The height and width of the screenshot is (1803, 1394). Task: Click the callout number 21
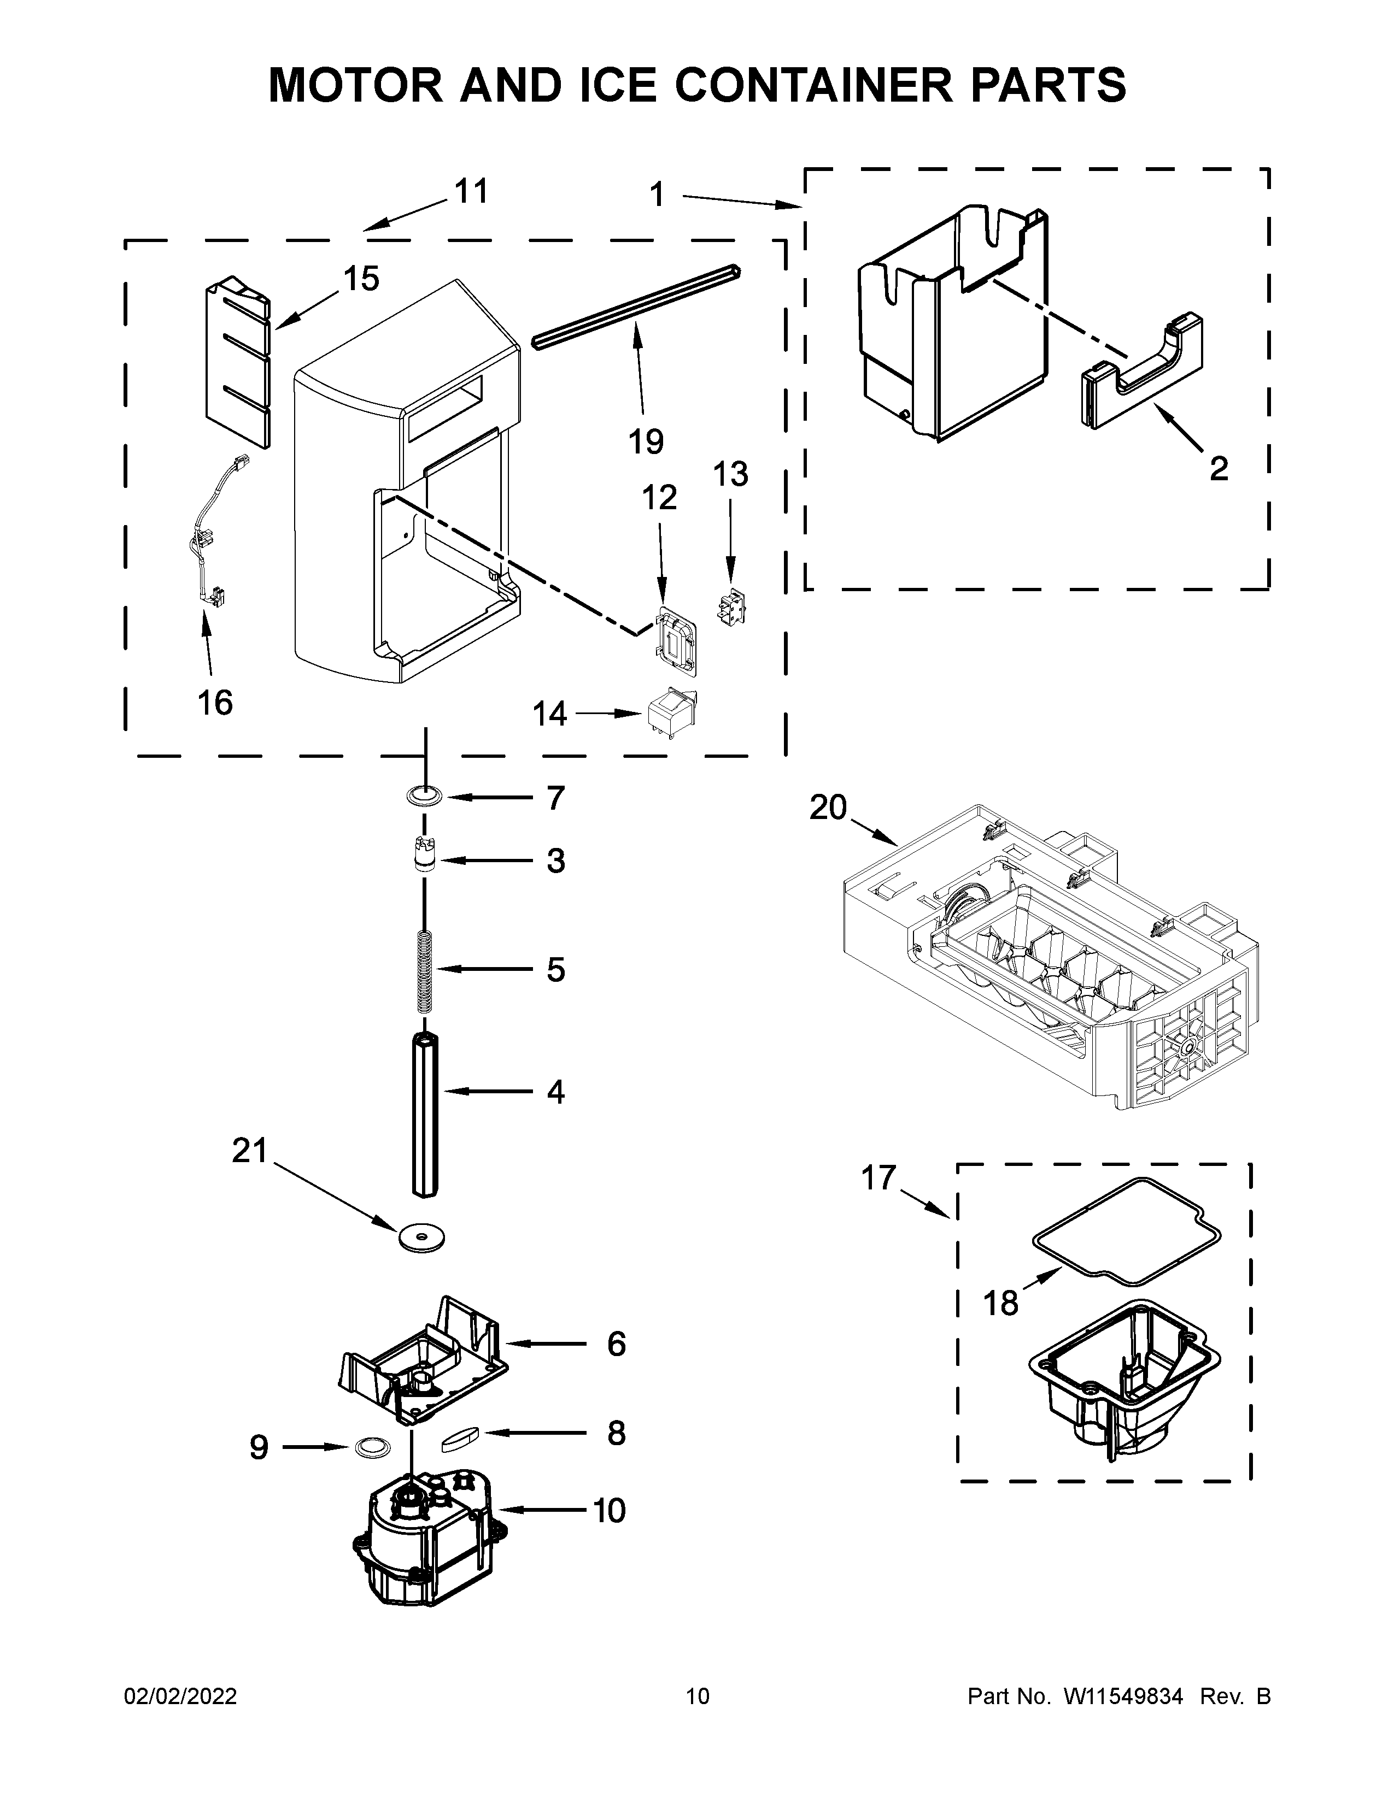click(x=249, y=1151)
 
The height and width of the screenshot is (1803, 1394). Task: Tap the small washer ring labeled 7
click(x=424, y=797)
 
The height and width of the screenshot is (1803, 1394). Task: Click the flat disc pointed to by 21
click(x=421, y=1236)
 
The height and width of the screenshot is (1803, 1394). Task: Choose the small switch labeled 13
click(x=730, y=609)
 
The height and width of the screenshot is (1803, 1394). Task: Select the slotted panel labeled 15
click(x=238, y=363)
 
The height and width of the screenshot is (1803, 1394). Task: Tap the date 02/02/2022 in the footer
click(x=180, y=1696)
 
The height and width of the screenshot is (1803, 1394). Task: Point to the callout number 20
click(x=828, y=808)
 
